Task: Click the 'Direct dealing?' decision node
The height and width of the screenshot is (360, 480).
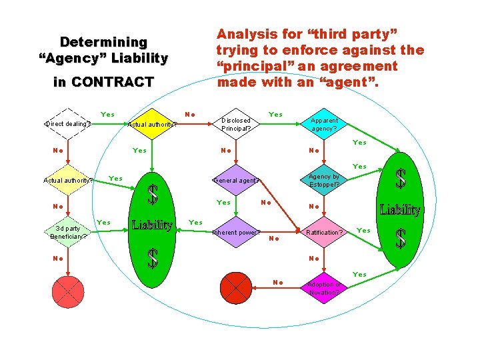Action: click(68, 123)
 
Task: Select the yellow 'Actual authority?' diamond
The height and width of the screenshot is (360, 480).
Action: click(152, 123)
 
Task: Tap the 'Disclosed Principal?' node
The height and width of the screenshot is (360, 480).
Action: click(237, 124)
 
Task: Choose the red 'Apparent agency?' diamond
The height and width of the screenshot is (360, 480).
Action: click(325, 125)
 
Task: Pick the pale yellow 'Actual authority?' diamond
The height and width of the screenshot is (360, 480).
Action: click(68, 180)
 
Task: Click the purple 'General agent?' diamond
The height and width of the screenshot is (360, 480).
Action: click(237, 180)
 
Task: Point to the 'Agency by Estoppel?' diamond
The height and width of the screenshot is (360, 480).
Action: click(325, 181)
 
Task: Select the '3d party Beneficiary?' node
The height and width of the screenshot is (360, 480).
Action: click(68, 232)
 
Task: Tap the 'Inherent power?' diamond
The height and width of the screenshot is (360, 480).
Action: click(236, 233)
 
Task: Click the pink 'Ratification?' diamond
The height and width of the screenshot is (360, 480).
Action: click(325, 233)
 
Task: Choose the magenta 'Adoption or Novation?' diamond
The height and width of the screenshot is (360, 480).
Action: click(325, 289)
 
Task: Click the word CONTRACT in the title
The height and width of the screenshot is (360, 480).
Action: click(113, 83)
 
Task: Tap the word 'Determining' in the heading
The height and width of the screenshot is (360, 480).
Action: click(103, 42)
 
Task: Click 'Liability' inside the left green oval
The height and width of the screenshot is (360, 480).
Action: click(153, 225)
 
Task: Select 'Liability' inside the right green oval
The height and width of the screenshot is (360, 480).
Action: click(400, 210)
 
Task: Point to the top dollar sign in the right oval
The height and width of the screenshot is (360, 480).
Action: click(401, 179)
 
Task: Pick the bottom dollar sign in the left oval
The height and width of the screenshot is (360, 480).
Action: click(153, 258)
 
